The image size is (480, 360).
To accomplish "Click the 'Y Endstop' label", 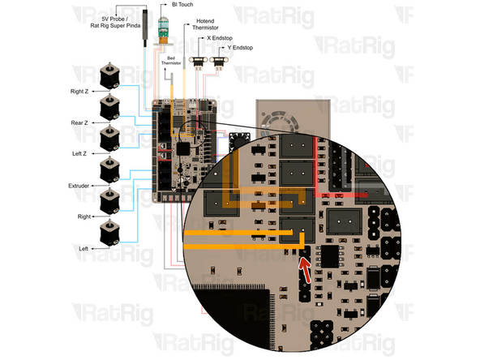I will coord(238,48).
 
